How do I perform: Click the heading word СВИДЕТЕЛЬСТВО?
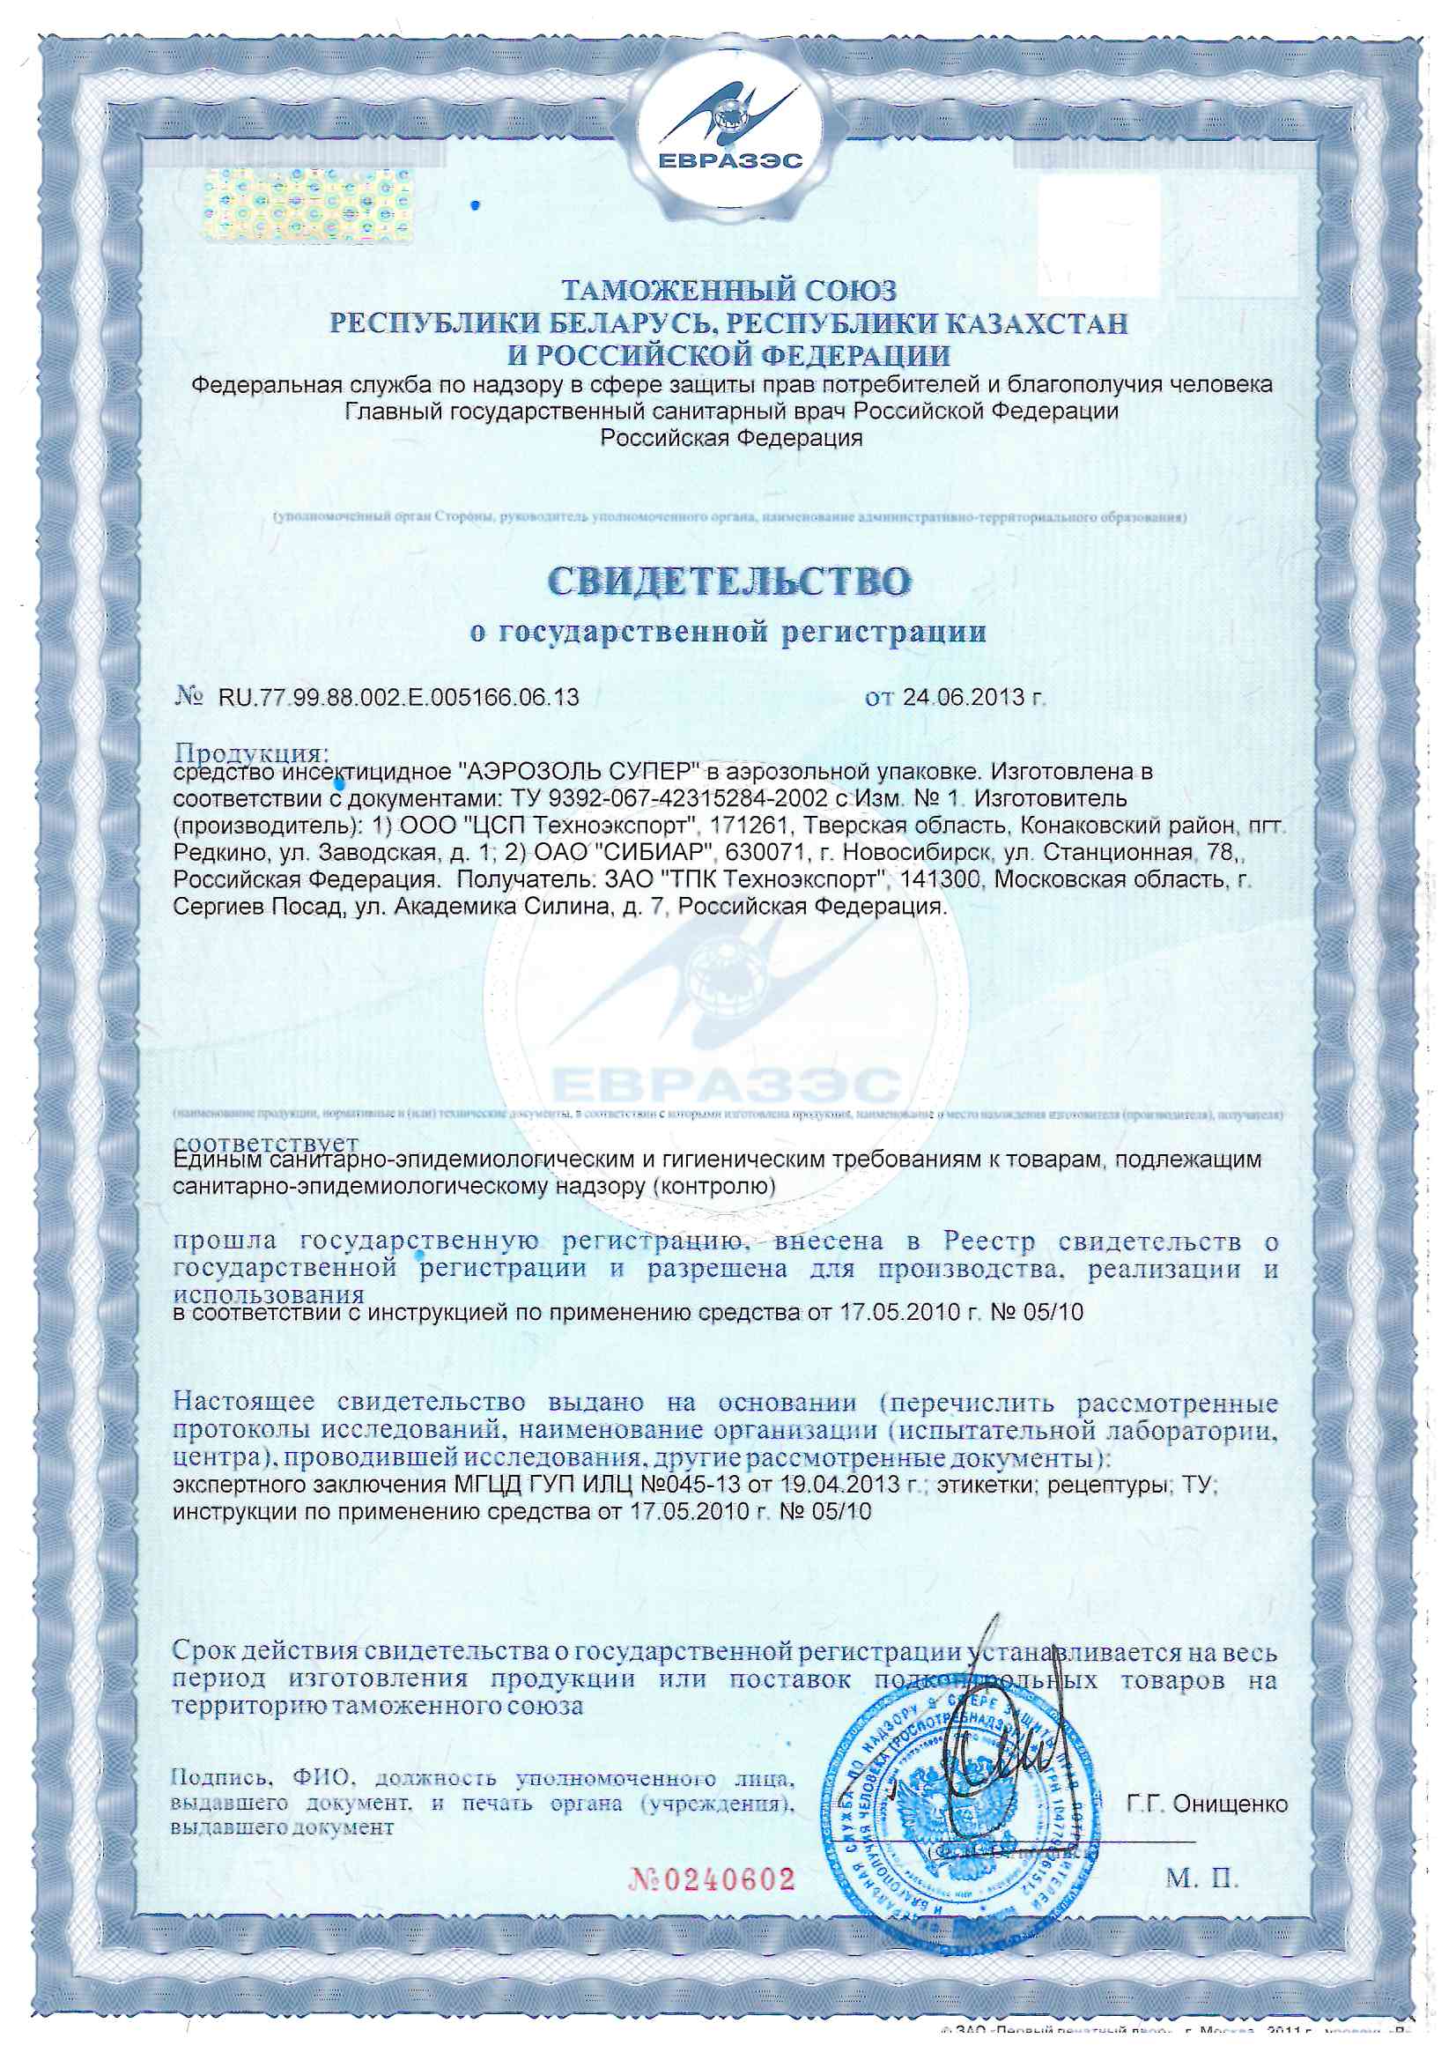coord(728,582)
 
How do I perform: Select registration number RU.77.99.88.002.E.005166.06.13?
coord(398,697)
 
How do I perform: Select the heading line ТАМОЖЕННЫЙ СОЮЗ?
coord(728,290)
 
